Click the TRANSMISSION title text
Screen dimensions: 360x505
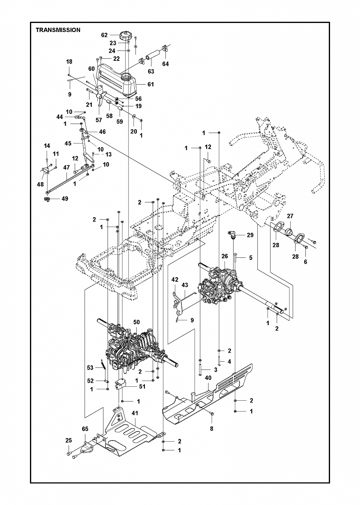[x=58, y=30]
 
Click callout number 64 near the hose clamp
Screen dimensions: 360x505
[x=165, y=64]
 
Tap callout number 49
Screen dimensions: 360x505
[x=65, y=199]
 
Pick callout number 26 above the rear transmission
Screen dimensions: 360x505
[x=225, y=256]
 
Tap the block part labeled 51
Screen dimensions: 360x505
[x=120, y=385]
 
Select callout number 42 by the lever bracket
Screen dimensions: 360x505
[x=175, y=280]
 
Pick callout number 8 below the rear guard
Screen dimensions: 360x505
[x=211, y=435]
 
